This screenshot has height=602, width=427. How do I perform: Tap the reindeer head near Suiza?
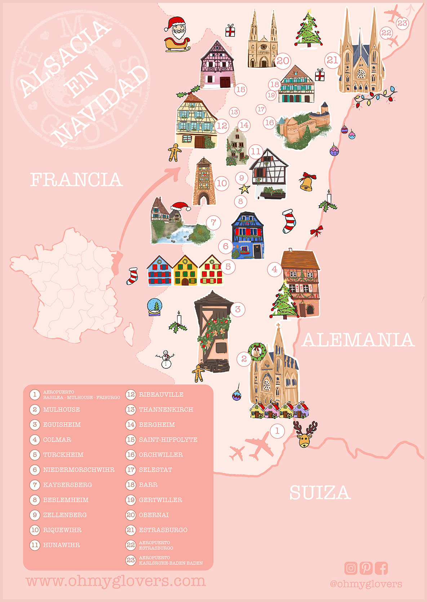point(305,435)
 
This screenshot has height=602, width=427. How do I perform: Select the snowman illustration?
point(166,359)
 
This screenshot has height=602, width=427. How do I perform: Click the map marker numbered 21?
point(332,60)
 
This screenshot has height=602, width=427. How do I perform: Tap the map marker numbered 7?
point(213,222)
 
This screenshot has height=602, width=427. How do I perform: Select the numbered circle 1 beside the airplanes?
point(277,431)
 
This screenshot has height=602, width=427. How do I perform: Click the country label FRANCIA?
point(76,180)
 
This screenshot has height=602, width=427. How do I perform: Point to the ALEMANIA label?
point(358,340)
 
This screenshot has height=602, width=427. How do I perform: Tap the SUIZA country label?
point(320,493)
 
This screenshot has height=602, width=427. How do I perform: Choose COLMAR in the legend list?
point(57,440)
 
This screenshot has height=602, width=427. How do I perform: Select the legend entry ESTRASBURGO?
point(163,530)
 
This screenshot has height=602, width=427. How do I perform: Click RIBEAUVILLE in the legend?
point(161,395)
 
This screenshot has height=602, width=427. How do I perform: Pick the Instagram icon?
point(351,568)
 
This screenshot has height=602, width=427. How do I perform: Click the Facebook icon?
point(381,568)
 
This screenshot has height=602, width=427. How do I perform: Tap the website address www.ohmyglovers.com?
point(116,581)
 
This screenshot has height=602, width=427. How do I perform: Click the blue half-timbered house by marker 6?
point(248,236)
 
